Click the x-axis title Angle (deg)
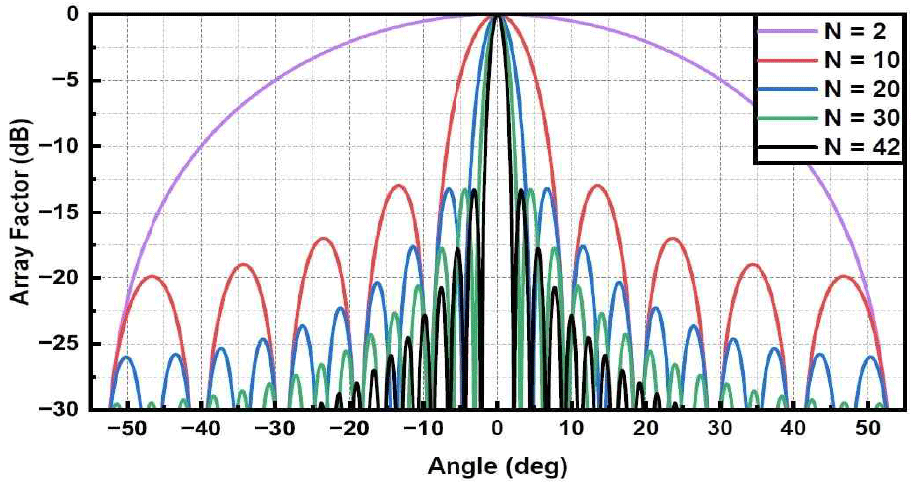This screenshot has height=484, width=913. click(x=496, y=465)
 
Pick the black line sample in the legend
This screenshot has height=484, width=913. click(x=787, y=146)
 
